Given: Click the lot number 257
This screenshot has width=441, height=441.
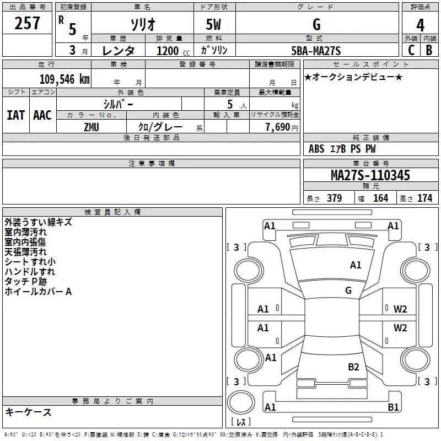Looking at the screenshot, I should (x=28, y=23).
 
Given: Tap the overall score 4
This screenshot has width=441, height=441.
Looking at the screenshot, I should (x=420, y=25).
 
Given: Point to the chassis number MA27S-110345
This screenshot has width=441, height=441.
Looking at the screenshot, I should (x=370, y=175).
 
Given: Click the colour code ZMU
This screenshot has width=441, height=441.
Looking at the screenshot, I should (x=92, y=127).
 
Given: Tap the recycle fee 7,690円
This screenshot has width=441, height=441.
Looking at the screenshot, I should (x=281, y=127).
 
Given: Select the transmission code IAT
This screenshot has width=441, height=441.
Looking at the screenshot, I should (x=15, y=115).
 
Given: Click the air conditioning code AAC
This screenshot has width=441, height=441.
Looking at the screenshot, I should (x=42, y=115).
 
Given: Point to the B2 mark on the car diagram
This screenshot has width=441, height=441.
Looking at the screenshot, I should (x=353, y=367).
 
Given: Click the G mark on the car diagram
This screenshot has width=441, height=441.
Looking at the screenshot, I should (x=348, y=291).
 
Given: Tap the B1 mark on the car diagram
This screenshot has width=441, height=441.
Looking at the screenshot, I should (x=393, y=407).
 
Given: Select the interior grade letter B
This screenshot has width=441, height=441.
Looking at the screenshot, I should (x=429, y=51).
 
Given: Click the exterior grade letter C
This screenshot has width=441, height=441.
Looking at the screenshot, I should (x=411, y=51).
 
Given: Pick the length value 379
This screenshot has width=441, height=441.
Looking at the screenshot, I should (x=334, y=198).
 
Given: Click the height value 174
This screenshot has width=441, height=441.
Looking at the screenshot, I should (x=424, y=198).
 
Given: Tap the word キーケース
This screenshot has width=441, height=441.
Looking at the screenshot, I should (x=28, y=412).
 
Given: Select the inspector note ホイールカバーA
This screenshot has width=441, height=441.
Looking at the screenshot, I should (x=38, y=292).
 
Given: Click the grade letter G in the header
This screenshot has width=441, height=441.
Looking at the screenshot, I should (x=316, y=24).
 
